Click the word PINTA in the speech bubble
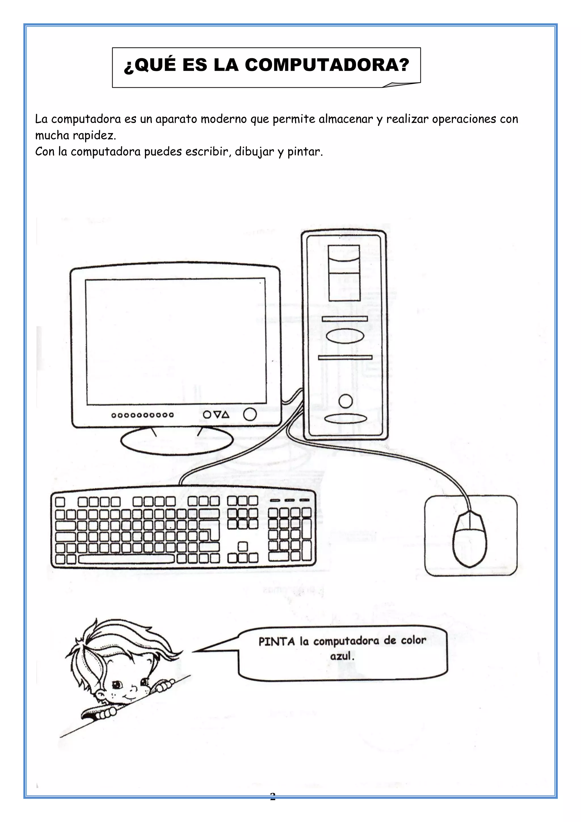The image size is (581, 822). (277, 642)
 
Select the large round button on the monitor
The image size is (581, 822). (250, 415)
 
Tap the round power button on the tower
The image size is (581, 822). (345, 401)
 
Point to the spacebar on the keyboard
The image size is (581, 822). (126, 559)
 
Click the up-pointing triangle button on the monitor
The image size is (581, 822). (225, 415)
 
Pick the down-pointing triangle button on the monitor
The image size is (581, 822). (216, 415)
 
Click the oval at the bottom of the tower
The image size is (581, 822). (345, 419)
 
